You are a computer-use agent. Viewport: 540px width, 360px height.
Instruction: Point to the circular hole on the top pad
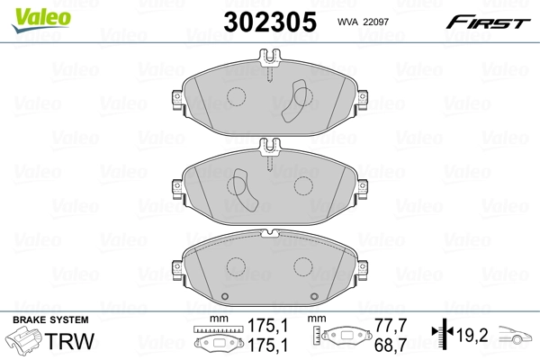pos(237,98)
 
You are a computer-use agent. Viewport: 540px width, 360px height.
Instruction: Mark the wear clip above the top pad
pos(269,67)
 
